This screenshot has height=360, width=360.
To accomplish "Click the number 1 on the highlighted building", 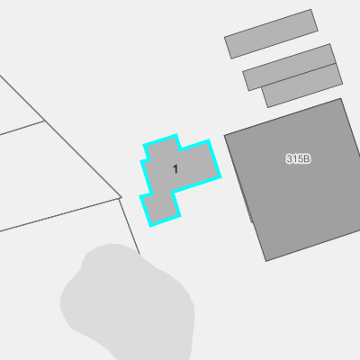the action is (x=175, y=169).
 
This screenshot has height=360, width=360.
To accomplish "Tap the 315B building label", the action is (x=298, y=158).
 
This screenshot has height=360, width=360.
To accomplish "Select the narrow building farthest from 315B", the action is (x=271, y=34).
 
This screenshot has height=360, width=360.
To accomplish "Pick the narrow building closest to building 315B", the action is (x=302, y=85).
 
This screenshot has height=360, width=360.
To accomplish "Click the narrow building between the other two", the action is (x=289, y=67).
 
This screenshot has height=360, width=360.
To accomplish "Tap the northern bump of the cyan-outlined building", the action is (x=162, y=147).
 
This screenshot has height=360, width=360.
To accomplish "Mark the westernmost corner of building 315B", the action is (x=224, y=136).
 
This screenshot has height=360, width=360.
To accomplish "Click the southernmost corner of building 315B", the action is (x=266, y=261).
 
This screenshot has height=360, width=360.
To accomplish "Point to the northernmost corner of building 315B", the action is (x=341, y=98).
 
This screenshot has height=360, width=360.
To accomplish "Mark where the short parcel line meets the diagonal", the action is (x=45, y=121).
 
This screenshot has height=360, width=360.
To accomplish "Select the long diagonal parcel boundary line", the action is (x=61, y=137).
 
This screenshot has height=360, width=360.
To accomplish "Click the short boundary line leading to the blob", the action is (x=130, y=226).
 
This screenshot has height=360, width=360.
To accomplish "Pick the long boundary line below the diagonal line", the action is (x=59, y=215).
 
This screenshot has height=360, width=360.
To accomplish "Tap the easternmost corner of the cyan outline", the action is (x=220, y=177).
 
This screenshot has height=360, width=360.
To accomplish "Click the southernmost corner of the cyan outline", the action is (x=150, y=226).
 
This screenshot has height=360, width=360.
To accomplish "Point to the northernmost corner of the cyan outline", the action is (x=176, y=135).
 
